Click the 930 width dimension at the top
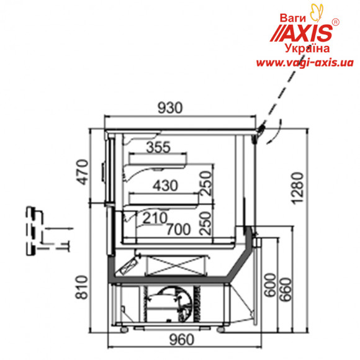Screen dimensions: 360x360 170,107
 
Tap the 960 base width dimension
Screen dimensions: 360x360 182,340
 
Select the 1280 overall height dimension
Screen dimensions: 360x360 298,188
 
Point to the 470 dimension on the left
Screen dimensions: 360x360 82,172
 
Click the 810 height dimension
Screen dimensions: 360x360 82,287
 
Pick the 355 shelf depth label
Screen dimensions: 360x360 158,147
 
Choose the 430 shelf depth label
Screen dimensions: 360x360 165,186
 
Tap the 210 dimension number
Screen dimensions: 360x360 155,218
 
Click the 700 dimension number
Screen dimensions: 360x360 179,229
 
